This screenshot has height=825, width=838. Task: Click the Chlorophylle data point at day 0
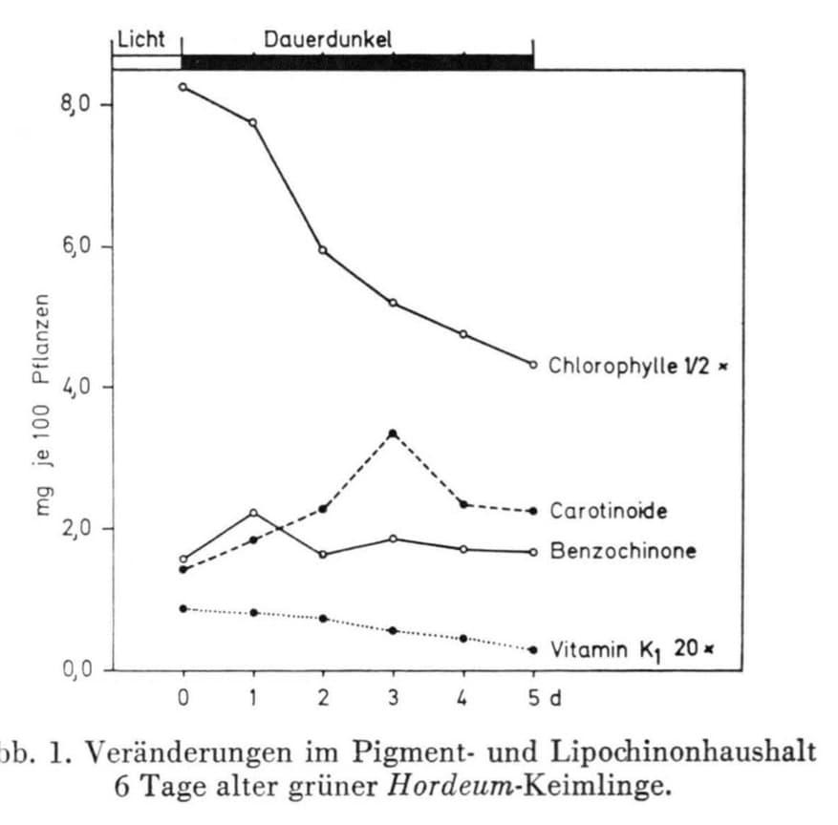point(183,87)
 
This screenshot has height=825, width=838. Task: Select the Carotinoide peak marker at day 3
point(393,434)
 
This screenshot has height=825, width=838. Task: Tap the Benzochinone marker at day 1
point(253,513)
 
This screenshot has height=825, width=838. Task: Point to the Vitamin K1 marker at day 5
point(533,649)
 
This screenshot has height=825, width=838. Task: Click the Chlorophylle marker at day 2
point(323,250)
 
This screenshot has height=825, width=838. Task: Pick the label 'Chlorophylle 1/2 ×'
point(632,365)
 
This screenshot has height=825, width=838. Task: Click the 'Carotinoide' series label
point(608,511)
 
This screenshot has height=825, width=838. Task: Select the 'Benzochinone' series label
point(622,551)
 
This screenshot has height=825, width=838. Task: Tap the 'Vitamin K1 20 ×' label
point(632,650)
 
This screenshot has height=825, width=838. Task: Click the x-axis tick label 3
point(393,698)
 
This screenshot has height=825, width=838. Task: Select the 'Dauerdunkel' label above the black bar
point(328,39)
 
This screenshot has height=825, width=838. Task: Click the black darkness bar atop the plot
point(356,62)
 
